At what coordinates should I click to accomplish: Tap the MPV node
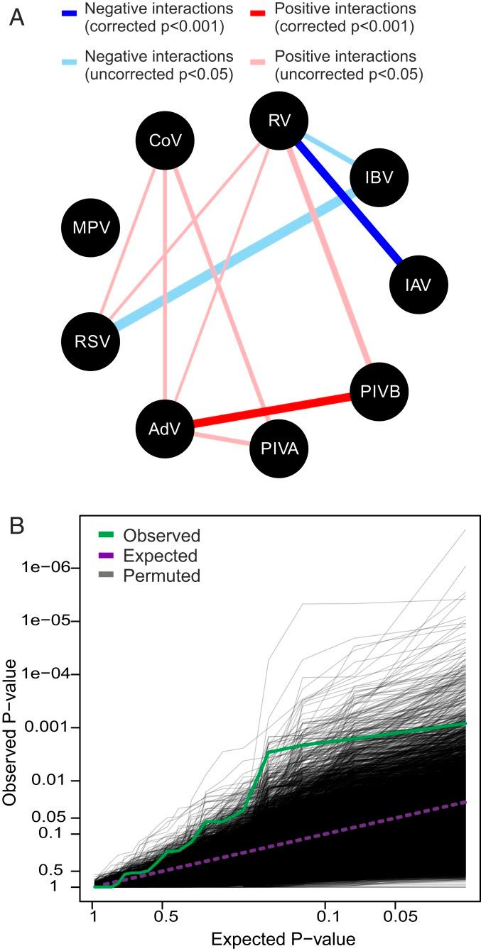click(90, 228)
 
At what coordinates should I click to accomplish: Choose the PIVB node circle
click(379, 391)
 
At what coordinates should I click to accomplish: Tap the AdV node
click(164, 429)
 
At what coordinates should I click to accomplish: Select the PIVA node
click(279, 449)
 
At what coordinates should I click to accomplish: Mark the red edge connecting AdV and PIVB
click(272, 409)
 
